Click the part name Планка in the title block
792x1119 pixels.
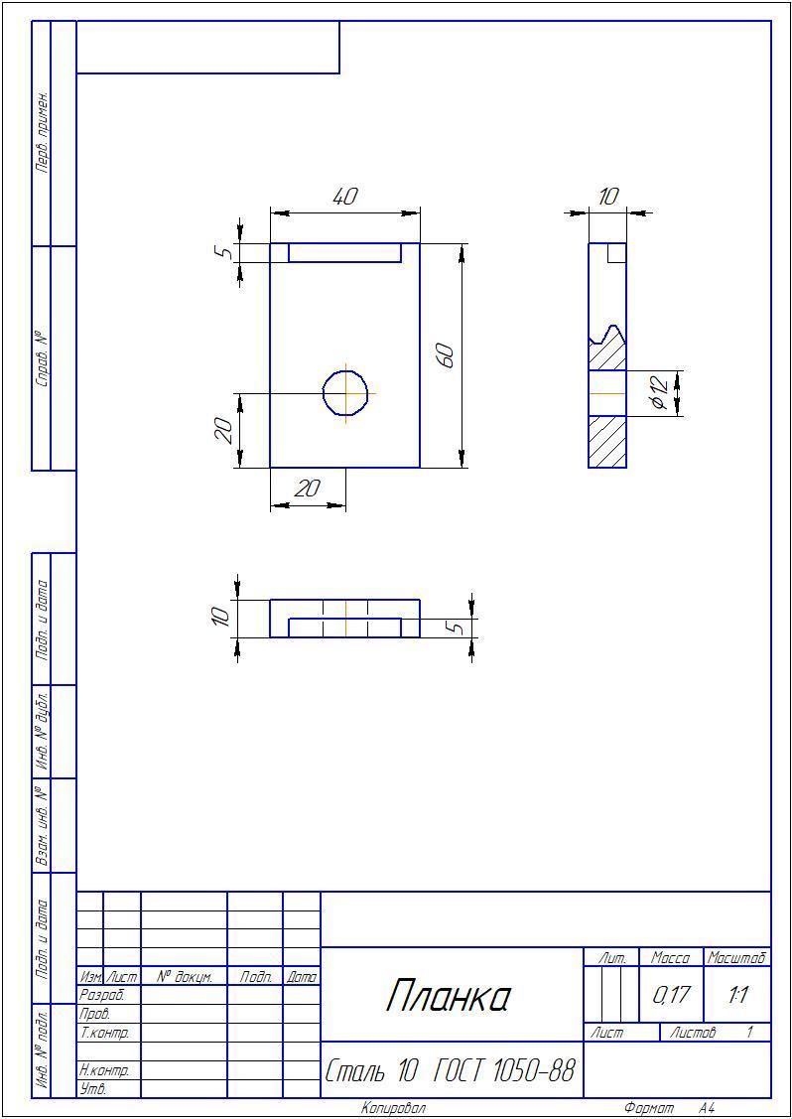tap(450, 997)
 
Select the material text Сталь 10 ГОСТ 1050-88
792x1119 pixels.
tap(451, 1070)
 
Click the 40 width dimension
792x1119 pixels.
tap(345, 197)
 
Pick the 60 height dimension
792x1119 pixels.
tap(446, 354)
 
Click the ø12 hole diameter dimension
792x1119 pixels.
tap(659, 393)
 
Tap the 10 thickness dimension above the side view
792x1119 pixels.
tap(608, 197)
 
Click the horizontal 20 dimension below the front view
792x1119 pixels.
tap(309, 489)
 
